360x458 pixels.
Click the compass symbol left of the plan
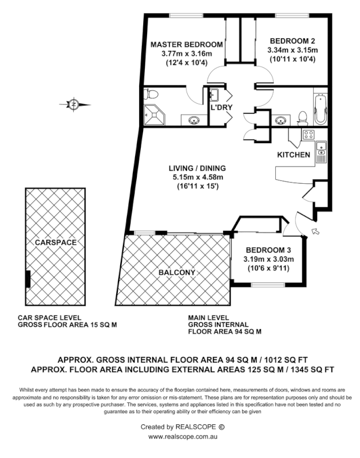74,104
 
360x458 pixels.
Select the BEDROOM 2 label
292,41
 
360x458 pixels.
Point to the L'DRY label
220,107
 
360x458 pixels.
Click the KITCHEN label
294,155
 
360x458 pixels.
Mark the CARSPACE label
55,242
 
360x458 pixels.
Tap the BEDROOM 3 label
268,250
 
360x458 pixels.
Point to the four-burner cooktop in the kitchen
308,135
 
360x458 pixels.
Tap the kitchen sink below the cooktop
321,152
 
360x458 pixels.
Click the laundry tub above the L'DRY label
216,94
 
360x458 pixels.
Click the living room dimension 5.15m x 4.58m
197,177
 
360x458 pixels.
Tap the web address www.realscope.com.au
180,436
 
